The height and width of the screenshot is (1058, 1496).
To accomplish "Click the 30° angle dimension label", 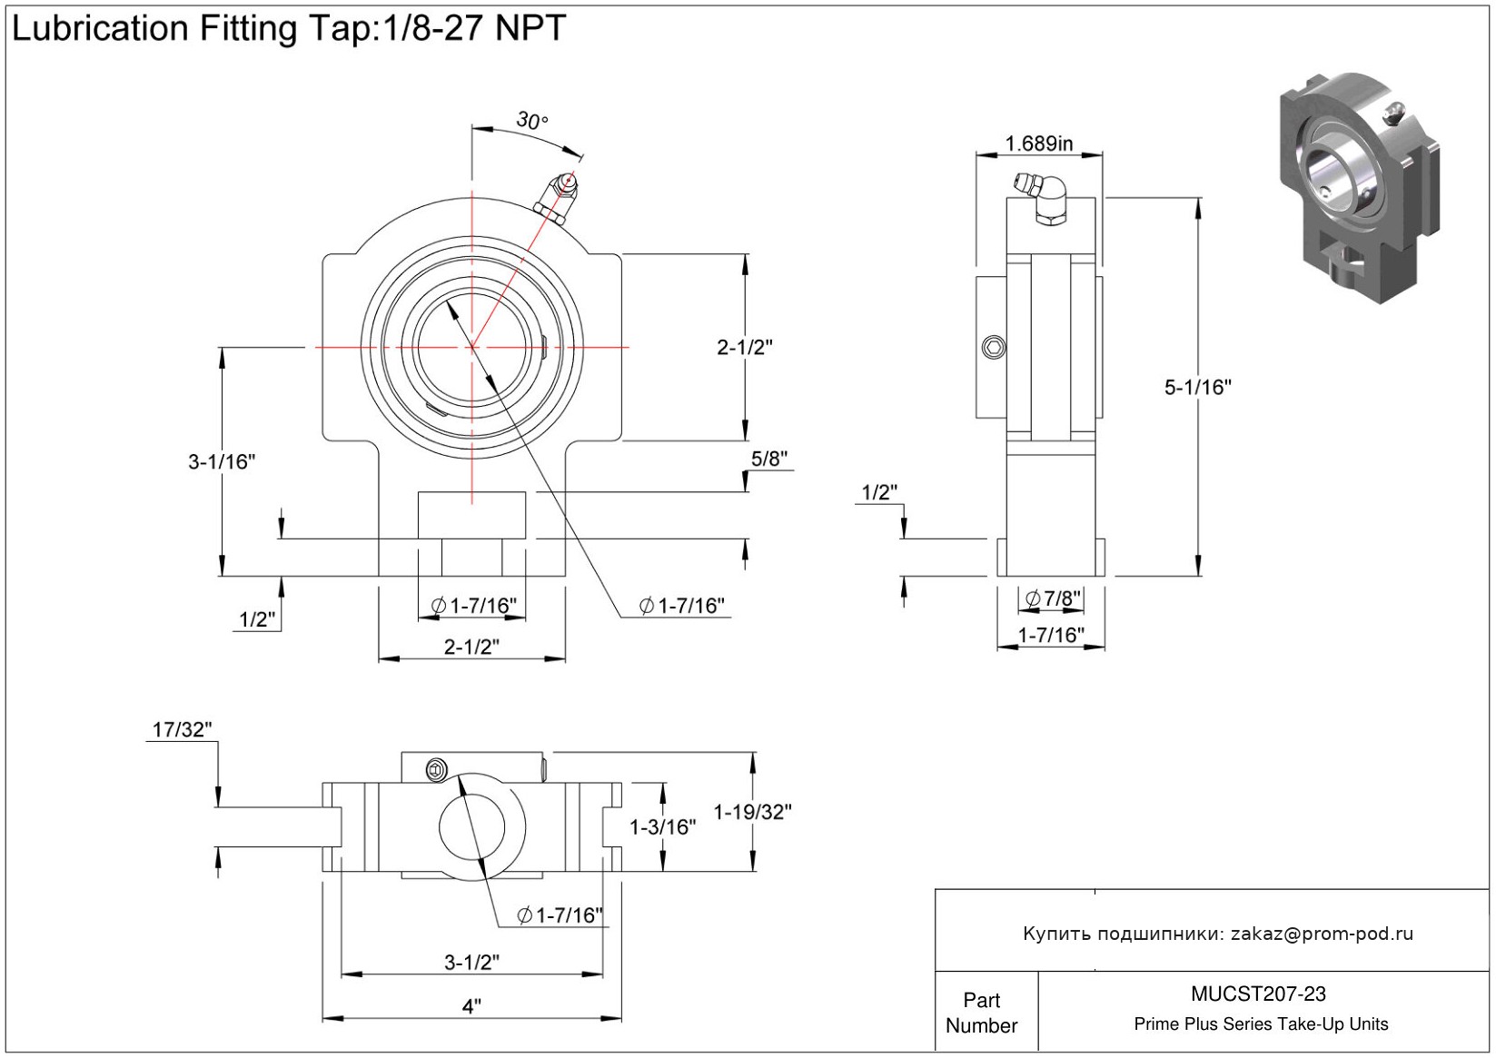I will coord(532,120).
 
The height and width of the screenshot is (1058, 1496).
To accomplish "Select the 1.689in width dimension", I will coord(1038,143).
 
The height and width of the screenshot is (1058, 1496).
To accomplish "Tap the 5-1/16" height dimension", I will coord(1197,387).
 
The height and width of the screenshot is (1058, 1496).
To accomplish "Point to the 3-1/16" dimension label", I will coord(222,461).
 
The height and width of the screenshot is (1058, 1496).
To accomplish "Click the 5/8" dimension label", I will coord(768,459).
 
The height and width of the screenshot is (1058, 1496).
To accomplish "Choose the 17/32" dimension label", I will coord(182,729).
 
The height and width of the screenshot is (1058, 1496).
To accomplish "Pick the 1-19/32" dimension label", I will coord(752,812).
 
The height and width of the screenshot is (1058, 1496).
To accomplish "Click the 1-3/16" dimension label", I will coord(663,826).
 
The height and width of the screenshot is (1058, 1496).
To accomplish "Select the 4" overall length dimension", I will coord(471,1006).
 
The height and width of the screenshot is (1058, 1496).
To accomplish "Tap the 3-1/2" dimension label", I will coord(471,962).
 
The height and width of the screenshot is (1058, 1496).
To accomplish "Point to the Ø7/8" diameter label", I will coord(1053,598).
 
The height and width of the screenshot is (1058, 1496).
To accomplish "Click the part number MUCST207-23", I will coord(1258,994).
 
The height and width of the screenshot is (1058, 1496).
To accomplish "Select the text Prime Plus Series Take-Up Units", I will coord(1261,1024).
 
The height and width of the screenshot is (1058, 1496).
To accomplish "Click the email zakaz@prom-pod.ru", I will coord(1322,934).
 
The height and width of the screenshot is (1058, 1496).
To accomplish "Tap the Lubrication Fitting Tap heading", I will coord(289,29).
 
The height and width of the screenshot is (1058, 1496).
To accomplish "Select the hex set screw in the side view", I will coord(995,347).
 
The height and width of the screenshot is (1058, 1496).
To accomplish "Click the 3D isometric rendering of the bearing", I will coord(1358,186).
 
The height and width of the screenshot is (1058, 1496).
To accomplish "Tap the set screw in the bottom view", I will coord(437,771).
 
